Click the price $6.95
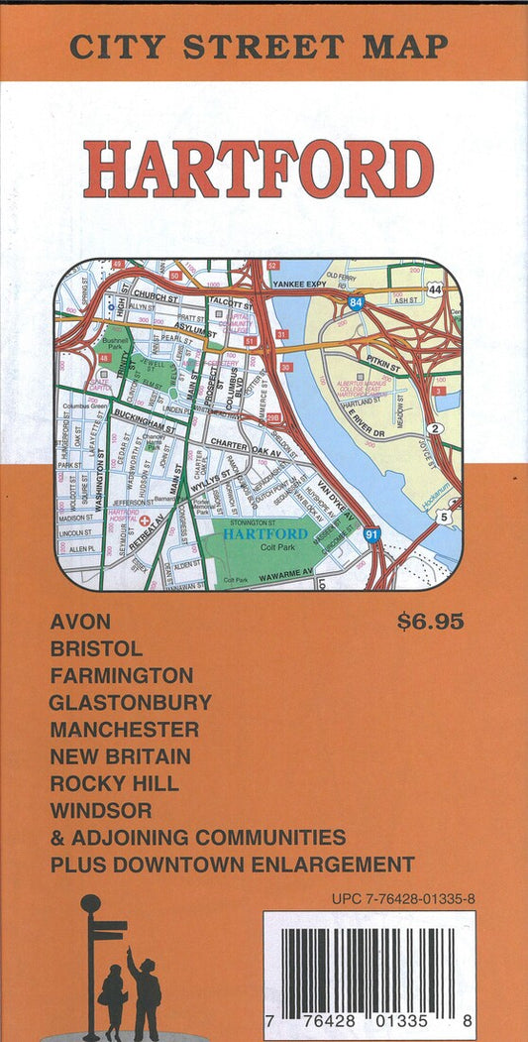click(431, 623)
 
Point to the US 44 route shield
click(436, 289)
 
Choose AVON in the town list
click(79, 623)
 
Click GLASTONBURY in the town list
click(130, 703)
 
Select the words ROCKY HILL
click(114, 783)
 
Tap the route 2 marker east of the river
click(435, 428)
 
